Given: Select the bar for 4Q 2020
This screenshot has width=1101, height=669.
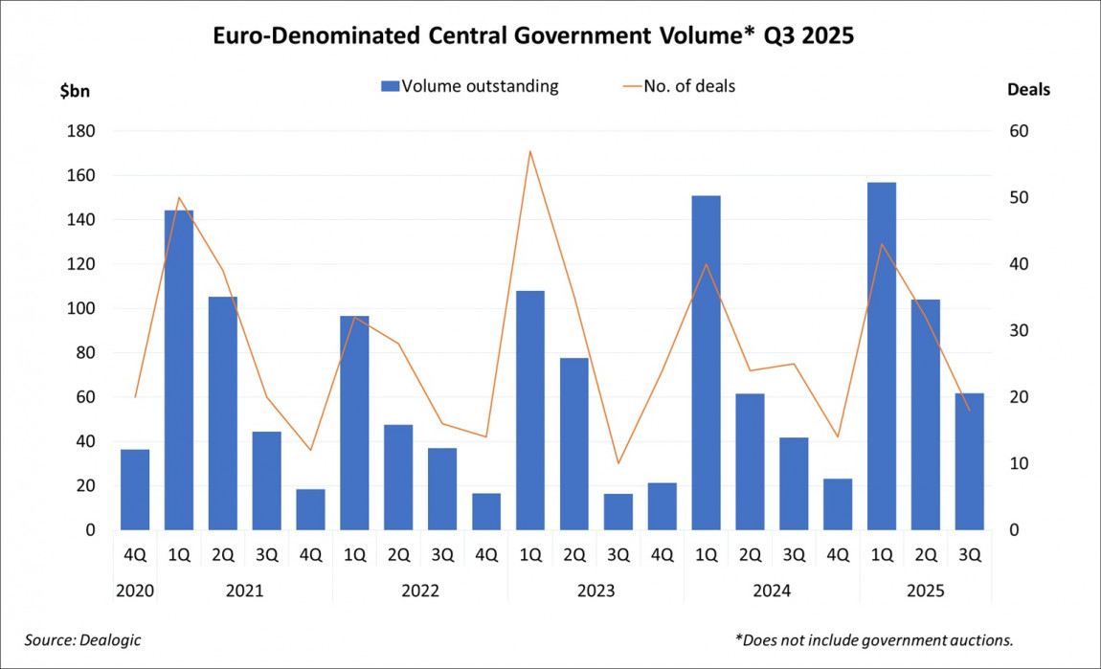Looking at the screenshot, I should click(135, 489).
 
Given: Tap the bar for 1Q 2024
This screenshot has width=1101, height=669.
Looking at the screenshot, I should click(706, 363).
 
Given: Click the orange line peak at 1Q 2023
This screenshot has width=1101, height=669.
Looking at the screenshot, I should click(530, 151).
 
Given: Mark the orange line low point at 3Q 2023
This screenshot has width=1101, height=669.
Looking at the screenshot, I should click(618, 463).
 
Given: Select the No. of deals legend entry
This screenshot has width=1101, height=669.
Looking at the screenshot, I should click(682, 86).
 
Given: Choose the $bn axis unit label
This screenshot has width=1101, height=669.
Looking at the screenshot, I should click(75, 90).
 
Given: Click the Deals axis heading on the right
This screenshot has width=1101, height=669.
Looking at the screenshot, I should click(1028, 90).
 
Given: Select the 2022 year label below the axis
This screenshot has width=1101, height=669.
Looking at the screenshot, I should click(420, 591).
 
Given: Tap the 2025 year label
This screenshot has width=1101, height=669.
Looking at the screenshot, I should click(925, 591).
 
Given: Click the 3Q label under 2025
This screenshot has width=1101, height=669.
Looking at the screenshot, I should click(969, 553).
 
